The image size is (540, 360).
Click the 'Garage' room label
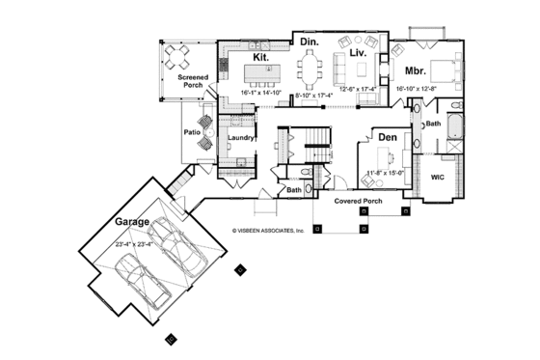pos(133,221)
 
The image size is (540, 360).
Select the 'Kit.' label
pos(260,57)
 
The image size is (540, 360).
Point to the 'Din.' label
pos(309,43)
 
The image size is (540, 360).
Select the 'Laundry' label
pos(240,138)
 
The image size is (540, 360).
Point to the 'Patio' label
pos(191,133)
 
